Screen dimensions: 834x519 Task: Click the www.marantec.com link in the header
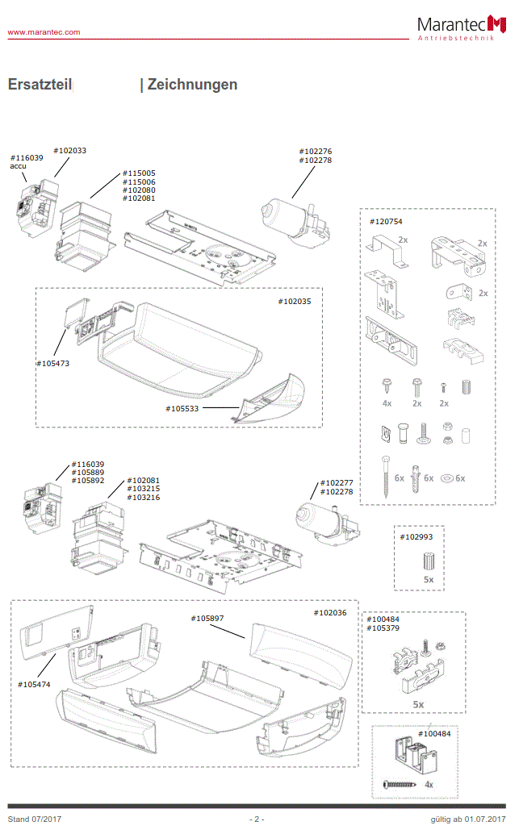[x=44, y=32]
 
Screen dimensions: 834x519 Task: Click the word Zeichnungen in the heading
[x=192, y=85]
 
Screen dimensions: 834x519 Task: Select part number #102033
[x=69, y=150]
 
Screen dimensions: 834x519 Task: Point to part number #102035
[x=294, y=301]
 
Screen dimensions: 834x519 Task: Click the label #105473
[x=52, y=363]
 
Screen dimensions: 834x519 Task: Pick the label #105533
[x=183, y=409]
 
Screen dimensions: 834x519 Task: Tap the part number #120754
[x=386, y=221]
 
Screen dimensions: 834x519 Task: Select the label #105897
[x=207, y=618]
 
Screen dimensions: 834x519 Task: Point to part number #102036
[x=329, y=613]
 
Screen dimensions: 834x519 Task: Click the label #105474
[x=34, y=684]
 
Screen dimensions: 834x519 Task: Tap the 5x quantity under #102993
[x=428, y=579]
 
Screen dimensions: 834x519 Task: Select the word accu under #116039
[x=19, y=166]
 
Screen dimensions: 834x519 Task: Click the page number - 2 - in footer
[x=256, y=819]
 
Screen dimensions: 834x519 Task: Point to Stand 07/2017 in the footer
[x=34, y=819]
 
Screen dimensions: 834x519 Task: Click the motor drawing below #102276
[x=292, y=218]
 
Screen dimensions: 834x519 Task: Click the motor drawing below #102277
[x=324, y=519]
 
